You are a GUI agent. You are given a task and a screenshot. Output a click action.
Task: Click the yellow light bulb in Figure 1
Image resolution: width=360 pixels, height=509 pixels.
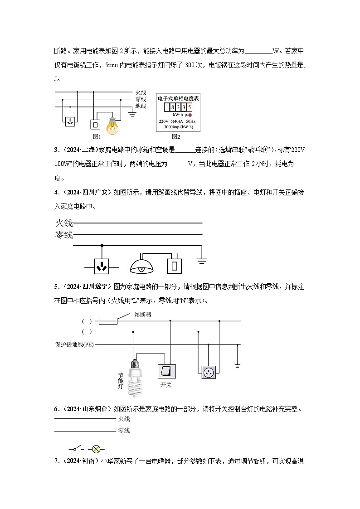click(x=112, y=125)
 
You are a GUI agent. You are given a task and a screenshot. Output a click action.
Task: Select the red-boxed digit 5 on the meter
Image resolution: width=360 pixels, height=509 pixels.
click(x=190, y=107)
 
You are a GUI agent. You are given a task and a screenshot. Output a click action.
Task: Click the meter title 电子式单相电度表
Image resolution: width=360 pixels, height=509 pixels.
click(x=178, y=98)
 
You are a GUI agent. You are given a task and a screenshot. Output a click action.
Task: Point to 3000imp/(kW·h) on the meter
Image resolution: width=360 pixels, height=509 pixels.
click(x=178, y=127)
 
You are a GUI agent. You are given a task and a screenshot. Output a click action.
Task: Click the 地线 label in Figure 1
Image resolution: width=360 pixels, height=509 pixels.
click(x=141, y=106)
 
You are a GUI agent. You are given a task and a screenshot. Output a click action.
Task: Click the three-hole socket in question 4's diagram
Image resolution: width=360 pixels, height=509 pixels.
click(x=102, y=266)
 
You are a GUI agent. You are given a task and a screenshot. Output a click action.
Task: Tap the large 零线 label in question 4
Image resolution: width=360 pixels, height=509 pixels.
click(x=63, y=235)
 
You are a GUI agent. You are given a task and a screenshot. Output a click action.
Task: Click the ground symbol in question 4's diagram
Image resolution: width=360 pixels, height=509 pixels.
click(x=202, y=261)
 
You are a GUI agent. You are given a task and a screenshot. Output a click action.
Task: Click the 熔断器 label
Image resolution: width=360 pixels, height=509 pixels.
click(x=143, y=315)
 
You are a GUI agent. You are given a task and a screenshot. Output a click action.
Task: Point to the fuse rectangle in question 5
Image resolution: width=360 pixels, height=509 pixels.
click(x=108, y=321)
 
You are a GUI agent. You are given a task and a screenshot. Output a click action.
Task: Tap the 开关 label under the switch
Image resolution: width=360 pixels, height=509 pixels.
click(x=165, y=385)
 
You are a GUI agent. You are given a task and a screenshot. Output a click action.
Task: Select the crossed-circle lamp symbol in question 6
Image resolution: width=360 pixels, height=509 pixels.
click(x=96, y=449)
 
